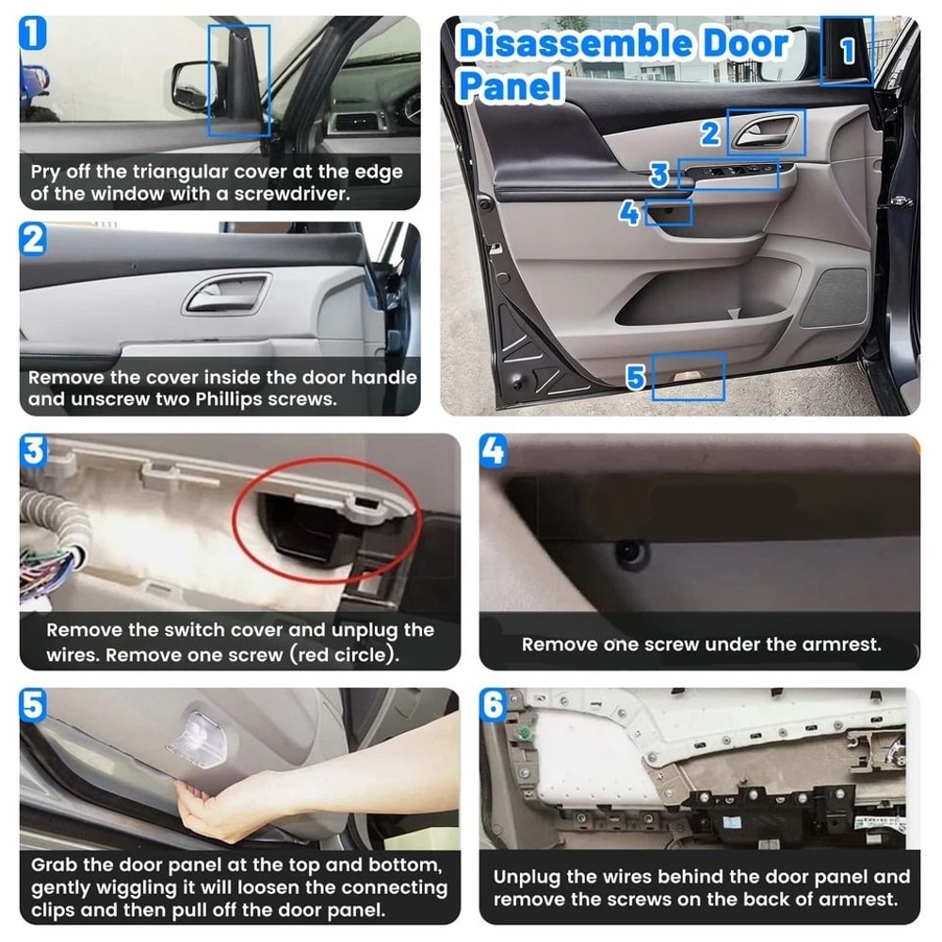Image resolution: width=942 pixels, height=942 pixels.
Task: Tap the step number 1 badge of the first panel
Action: pyautogui.click(x=33, y=36)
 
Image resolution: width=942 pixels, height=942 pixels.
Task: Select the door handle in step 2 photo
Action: pyautogui.click(x=226, y=294)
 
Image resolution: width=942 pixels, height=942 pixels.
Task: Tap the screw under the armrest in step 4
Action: pyautogui.click(x=629, y=552)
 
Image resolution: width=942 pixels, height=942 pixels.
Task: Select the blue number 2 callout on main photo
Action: pyautogui.click(x=711, y=134)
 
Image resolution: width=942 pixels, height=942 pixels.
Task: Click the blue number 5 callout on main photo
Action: pyautogui.click(x=637, y=379)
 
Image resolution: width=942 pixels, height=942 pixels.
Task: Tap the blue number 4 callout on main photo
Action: pyautogui.click(x=629, y=214)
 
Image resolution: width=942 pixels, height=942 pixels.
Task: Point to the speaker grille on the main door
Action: pyautogui.click(x=833, y=297)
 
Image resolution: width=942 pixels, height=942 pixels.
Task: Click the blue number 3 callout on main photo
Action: pyautogui.click(x=659, y=175)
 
